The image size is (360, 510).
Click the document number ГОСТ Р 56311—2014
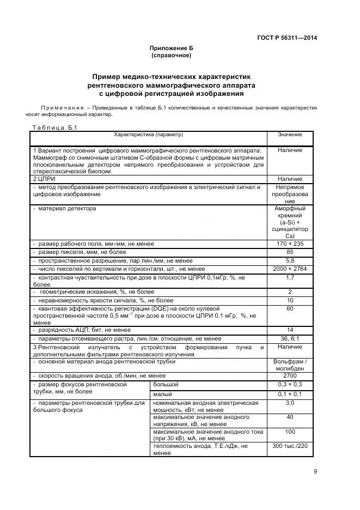coord(287,38)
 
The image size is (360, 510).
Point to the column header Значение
coord(290,135)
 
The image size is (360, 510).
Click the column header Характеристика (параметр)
coord(148,135)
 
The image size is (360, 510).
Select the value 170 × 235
coord(290,244)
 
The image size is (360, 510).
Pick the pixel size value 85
coord(290,252)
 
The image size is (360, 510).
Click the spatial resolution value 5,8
coord(290,260)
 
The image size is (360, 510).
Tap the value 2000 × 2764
coord(290,269)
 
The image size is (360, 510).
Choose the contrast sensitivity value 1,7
coord(290,277)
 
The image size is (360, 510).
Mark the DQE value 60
coord(290,309)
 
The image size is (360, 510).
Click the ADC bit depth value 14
coord(290,330)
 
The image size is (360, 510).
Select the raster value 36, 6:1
coord(290,338)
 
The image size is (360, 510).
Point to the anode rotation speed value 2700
coord(290,376)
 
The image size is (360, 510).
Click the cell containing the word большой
coord(164,385)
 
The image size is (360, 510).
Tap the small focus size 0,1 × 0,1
coord(290,393)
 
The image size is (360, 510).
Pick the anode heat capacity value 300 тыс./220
coord(290,446)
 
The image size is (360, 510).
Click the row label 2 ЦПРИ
coord(44,179)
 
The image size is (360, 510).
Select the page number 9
coord(315,472)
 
